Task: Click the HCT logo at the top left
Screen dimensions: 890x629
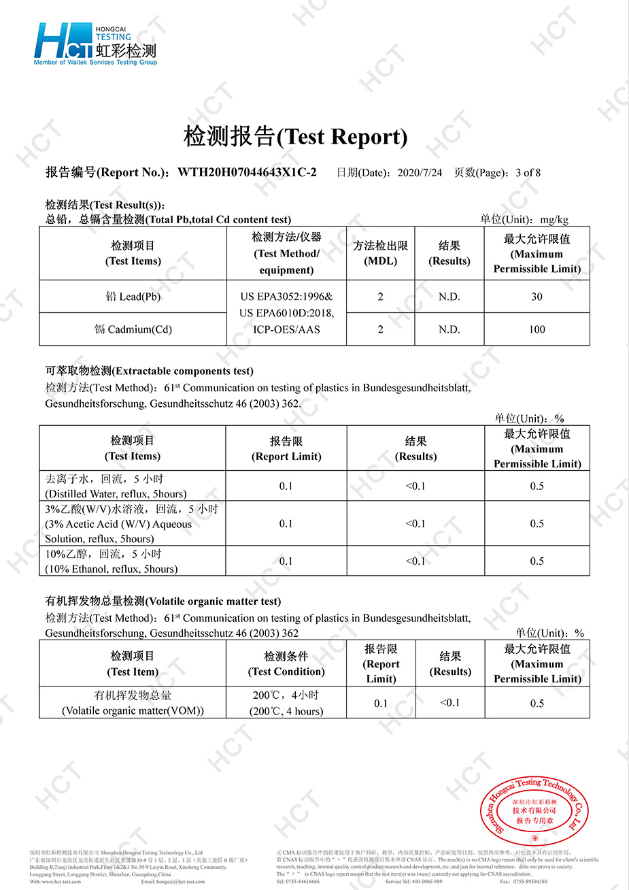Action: click(95, 44)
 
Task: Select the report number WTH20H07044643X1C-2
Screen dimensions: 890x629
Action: click(247, 173)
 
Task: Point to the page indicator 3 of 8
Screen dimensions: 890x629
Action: click(528, 173)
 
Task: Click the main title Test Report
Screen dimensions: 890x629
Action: click(295, 137)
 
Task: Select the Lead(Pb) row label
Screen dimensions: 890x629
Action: click(133, 297)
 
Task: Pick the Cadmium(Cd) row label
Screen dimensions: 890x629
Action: click(133, 329)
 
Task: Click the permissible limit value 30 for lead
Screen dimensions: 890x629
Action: click(537, 297)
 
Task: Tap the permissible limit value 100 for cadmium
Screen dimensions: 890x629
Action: click(537, 329)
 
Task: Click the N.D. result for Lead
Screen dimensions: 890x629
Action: click(449, 297)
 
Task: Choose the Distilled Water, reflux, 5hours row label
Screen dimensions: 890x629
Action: click(116, 487)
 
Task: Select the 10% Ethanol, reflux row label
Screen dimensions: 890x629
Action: click(112, 561)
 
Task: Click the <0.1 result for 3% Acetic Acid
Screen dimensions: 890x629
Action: click(415, 523)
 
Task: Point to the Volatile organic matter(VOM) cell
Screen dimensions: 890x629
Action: click(133, 704)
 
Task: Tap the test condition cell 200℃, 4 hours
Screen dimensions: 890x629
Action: click(286, 704)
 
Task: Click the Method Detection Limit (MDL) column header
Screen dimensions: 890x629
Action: click(380, 253)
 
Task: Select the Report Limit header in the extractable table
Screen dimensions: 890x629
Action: click(286, 449)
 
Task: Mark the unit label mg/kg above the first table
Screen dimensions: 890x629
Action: click(554, 219)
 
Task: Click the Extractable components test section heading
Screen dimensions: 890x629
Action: click(149, 372)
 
